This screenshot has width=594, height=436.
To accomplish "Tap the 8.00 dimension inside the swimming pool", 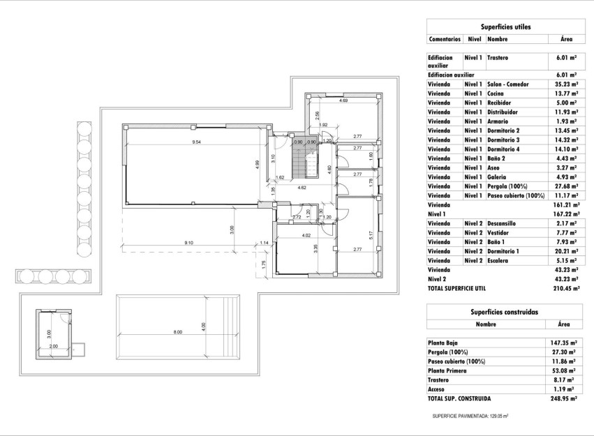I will coord(177,332).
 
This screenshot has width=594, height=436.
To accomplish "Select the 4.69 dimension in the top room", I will coord(343,101).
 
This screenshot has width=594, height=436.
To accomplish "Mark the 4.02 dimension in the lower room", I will coord(305,235).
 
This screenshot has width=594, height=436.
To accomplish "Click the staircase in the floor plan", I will coord(299,165).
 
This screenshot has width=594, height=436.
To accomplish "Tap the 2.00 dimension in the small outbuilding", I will coord(54,346).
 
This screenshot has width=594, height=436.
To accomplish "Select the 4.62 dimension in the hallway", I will coord(302,188).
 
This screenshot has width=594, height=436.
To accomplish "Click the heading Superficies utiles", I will coord(505,27).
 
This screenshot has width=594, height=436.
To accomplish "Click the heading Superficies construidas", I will coord(505,312).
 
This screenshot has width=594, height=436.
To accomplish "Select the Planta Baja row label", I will coord(446,343).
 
